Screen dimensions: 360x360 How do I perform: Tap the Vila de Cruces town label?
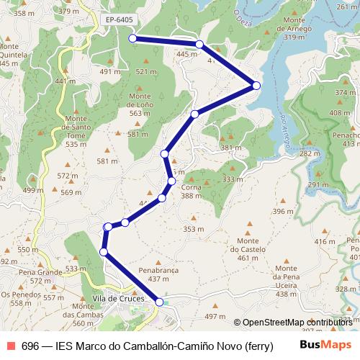119,299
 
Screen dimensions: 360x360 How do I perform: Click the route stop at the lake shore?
256,86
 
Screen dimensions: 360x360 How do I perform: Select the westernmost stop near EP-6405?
132,38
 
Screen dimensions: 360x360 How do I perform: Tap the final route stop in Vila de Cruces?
159,302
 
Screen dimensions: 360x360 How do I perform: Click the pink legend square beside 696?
10,346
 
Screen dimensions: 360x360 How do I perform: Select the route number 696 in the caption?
30,346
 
